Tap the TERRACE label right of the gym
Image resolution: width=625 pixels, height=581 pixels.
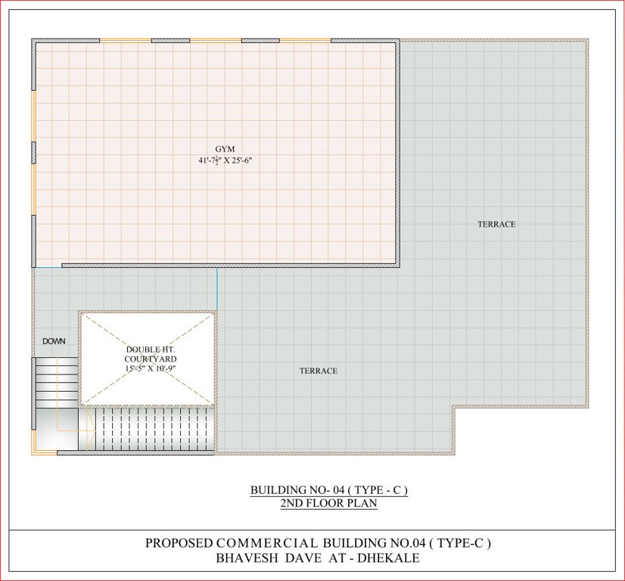point(496,224)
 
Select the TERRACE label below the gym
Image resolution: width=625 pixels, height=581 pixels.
point(318,371)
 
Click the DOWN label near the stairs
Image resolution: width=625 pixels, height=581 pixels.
point(54,341)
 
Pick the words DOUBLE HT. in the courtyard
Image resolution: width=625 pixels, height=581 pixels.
point(149,350)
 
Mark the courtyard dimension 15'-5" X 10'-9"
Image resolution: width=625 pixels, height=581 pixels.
point(149,368)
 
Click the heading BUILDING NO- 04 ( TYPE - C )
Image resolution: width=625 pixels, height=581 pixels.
point(329,490)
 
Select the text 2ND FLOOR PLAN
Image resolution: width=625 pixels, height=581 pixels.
point(329,503)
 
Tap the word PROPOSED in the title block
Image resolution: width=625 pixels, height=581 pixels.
point(179,543)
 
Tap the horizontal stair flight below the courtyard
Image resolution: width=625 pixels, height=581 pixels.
point(151,429)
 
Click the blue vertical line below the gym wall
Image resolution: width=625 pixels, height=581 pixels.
point(217,288)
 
